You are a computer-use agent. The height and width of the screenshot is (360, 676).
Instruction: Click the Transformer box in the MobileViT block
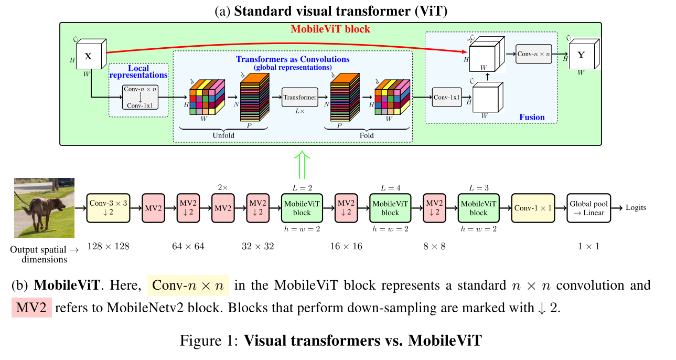pyautogui.click(x=300, y=97)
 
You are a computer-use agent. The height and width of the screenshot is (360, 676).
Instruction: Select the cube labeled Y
pyautogui.click(x=581, y=56)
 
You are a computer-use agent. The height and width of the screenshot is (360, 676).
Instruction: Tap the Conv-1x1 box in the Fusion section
pyautogui.click(x=447, y=97)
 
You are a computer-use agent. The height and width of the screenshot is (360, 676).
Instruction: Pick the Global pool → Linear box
pyautogui.click(x=588, y=208)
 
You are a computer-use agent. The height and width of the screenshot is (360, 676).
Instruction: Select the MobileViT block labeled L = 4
pyautogui.click(x=390, y=208)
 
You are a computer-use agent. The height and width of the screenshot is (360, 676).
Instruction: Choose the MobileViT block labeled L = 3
pyautogui.click(x=478, y=208)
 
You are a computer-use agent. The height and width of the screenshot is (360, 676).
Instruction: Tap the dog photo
pyautogui.click(x=44, y=208)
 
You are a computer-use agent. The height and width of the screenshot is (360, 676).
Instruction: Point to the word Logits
pyautogui.click(x=636, y=208)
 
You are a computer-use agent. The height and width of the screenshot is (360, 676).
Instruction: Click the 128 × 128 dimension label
pyautogui.click(x=109, y=246)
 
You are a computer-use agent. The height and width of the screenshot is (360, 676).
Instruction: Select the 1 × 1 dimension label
pyautogui.click(x=588, y=246)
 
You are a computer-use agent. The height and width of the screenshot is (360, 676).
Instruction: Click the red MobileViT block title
pyautogui.click(x=330, y=29)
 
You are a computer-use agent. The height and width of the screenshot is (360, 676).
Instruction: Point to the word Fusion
pyautogui.click(x=532, y=117)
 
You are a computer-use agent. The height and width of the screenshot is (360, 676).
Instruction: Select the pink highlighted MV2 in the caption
pyautogui.click(x=31, y=308)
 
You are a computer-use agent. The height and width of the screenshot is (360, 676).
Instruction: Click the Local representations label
pyautogui.click(x=138, y=72)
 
